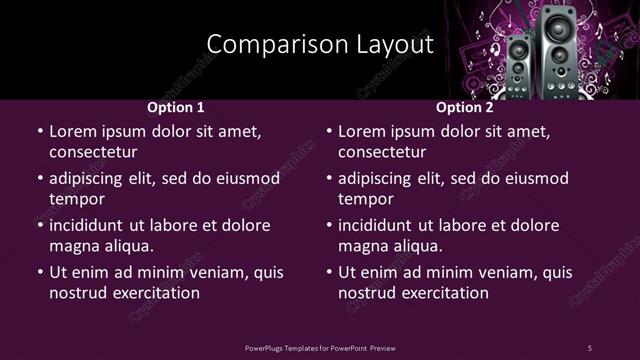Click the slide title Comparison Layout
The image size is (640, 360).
pos(320,44)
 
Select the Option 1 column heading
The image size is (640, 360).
pos(176,108)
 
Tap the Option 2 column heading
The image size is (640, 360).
pos(465,108)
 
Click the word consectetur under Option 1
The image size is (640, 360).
pos(93,152)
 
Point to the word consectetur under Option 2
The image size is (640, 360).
pos(382,152)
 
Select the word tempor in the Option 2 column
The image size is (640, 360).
pos(364,199)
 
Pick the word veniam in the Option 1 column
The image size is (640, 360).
pos(221,272)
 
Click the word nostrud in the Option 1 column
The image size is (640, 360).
pos(76,293)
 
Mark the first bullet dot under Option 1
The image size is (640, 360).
pos(40,131)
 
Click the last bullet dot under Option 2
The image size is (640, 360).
pos(329,272)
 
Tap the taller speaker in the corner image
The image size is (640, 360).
pos(556,50)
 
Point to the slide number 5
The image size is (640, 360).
pos(589,347)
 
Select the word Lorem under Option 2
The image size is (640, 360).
pos(361,131)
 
